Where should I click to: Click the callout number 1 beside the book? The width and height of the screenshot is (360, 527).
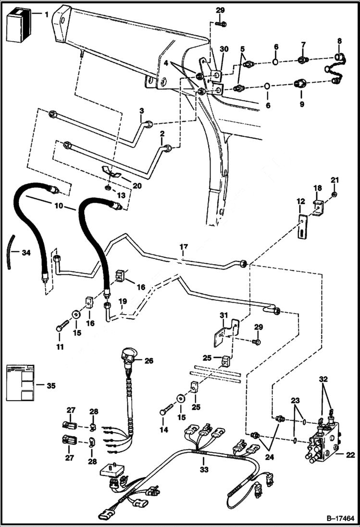click(47, 14)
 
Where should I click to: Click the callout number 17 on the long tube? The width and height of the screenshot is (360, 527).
click(183, 247)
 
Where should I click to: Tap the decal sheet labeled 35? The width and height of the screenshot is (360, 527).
click(20, 383)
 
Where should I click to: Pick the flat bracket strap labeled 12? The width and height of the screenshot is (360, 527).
click(301, 226)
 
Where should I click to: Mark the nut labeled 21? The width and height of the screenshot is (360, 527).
click(335, 194)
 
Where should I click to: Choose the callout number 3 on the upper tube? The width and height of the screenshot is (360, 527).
click(141, 111)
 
